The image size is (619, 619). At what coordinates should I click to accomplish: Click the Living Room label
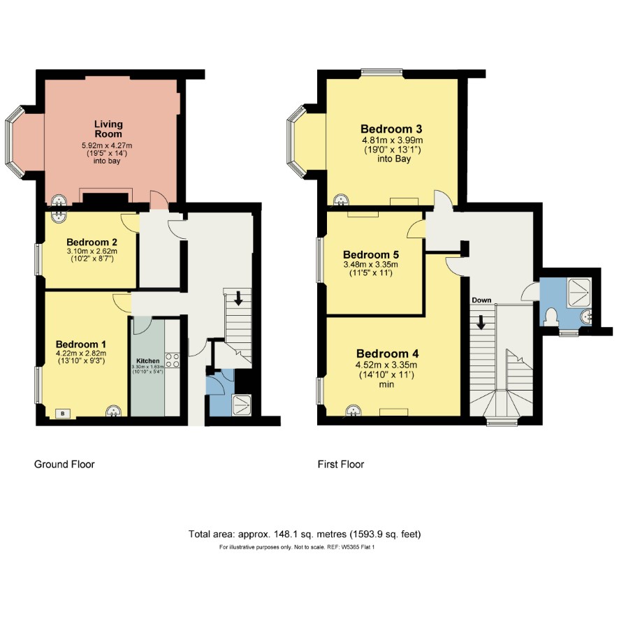108,129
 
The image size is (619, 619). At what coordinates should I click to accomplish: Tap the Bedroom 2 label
92,242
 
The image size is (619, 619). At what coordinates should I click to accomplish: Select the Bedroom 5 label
371,254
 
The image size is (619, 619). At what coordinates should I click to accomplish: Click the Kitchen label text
148,361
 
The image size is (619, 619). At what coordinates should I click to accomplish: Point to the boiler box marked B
63,414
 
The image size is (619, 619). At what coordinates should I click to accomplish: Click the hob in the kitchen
172,360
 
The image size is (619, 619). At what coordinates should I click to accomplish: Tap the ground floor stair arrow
238,298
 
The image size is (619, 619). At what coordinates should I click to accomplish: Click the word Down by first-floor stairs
481,300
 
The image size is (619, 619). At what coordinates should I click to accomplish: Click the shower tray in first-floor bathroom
579,293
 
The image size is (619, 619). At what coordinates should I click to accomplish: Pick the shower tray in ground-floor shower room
241,405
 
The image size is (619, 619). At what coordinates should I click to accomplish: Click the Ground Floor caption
64,464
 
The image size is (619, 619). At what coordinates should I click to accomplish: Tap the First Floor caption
341,464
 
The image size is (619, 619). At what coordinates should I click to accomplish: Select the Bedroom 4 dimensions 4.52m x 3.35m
386,365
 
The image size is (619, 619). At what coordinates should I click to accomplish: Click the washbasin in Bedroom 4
353,411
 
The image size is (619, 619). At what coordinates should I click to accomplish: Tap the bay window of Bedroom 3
296,141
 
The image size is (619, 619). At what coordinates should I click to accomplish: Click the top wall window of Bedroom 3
381,72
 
